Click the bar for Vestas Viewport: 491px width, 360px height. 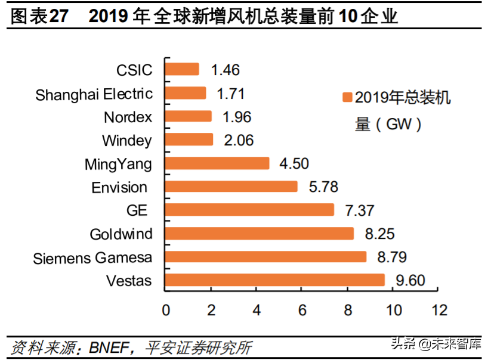point(275,280)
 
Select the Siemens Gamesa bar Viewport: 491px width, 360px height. point(265,257)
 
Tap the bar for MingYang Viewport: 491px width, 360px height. point(217,163)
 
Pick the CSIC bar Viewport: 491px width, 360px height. point(182,70)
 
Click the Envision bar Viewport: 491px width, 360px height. point(231,187)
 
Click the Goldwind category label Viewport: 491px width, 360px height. point(121,234)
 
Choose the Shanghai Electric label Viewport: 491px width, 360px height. point(94,94)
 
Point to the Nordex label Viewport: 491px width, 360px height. point(128,117)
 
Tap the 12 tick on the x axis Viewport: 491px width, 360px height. point(439,311)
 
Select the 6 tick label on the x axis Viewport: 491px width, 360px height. point(302,311)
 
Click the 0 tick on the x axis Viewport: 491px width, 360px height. point(165,311)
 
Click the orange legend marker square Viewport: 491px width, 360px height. point(345,98)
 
